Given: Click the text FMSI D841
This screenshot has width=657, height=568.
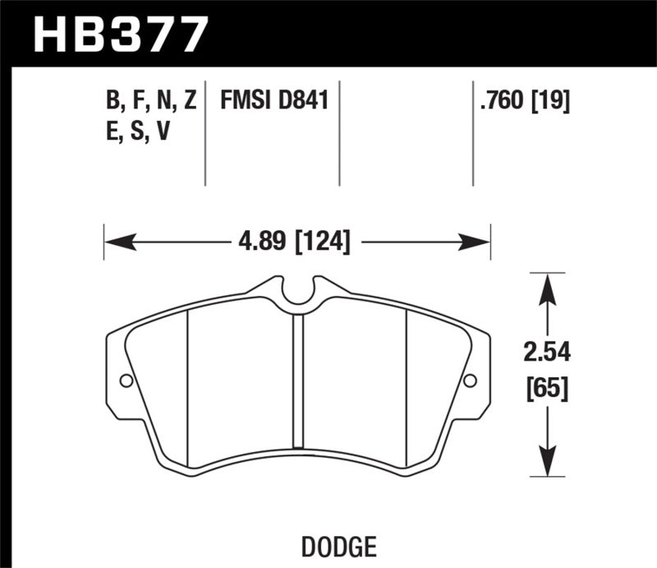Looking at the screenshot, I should pyautogui.click(x=273, y=102).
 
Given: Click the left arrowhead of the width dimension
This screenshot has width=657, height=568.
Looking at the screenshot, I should pyautogui.click(x=115, y=242).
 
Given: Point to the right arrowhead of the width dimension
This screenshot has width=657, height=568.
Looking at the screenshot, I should pyautogui.click(x=479, y=242).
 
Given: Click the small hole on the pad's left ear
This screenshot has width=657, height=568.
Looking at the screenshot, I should pyautogui.click(x=126, y=381).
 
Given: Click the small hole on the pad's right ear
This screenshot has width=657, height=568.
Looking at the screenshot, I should pyautogui.click(x=470, y=381).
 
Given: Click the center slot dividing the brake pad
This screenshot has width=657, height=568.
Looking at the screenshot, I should pyautogui.click(x=298, y=386).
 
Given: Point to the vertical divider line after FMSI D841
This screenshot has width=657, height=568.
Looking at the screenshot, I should pyautogui.click(x=339, y=132).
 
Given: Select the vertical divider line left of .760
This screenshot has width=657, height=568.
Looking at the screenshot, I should pyautogui.click(x=473, y=132).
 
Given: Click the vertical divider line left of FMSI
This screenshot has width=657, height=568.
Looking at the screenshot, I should pyautogui.click(x=205, y=132).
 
